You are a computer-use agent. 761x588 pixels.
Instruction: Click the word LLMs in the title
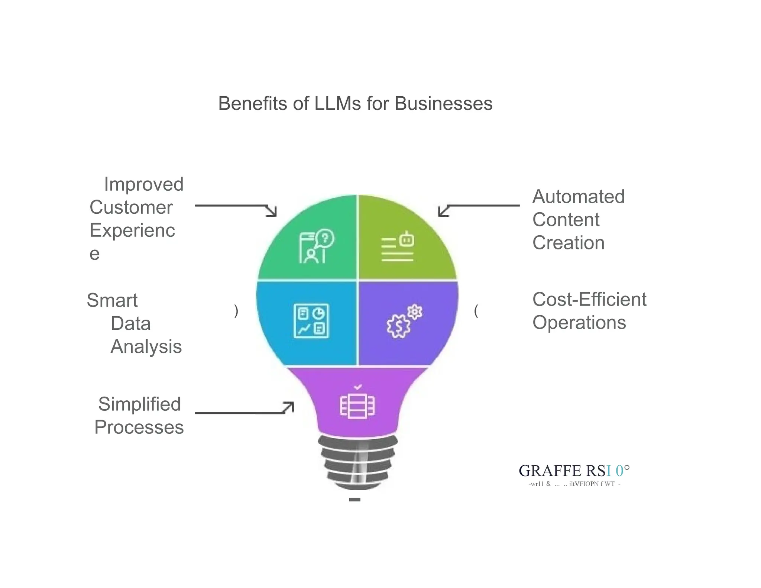coord(337,103)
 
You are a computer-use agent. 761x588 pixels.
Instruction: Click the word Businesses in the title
coord(443,103)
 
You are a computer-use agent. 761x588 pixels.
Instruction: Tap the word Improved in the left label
coord(144,184)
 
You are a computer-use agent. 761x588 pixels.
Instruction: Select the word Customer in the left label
coord(131,207)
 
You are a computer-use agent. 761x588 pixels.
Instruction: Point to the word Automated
coord(578,197)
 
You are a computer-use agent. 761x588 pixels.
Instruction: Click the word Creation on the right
coord(568,243)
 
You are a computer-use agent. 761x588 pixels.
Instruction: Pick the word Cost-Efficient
coord(589,300)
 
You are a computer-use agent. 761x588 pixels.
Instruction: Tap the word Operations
coord(579,323)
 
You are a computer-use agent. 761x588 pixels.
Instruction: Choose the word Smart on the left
coord(112,300)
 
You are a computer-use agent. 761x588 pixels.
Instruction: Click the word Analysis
coord(146,347)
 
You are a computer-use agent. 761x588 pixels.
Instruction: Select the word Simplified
coord(139,404)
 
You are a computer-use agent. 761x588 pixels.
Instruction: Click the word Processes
coord(139,427)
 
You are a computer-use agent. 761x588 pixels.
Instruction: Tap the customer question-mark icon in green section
coord(316,246)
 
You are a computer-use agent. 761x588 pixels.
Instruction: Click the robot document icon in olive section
coord(398,246)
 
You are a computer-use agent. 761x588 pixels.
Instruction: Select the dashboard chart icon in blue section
coord(311,321)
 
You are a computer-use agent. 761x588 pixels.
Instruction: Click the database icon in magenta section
coord(357,405)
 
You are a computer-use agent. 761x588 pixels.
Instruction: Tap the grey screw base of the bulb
coord(357,463)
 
